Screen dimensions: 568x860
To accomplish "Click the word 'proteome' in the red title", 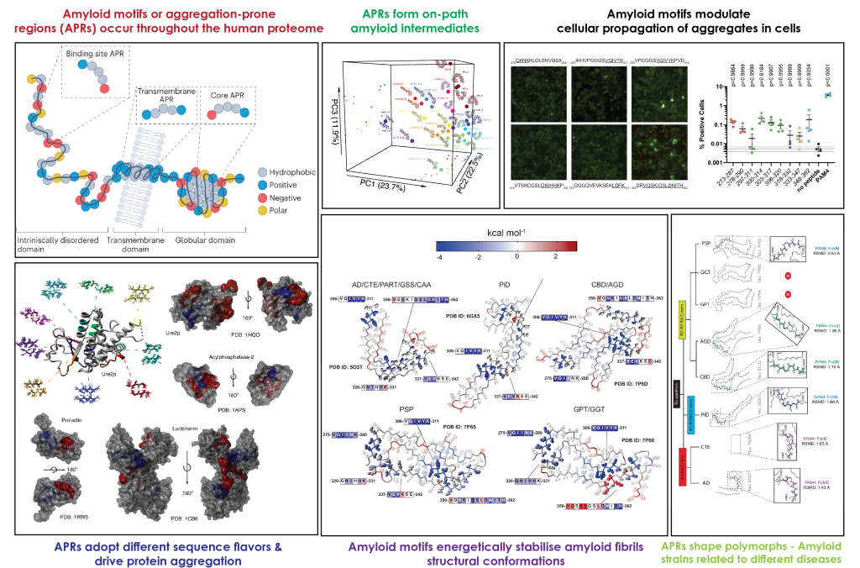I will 289,29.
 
